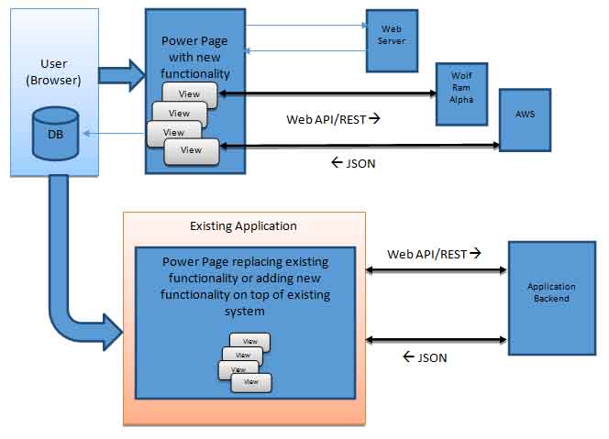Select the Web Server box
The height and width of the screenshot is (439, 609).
(x=393, y=40)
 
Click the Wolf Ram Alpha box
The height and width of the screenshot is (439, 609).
(x=461, y=93)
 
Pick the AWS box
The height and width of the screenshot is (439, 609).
(x=525, y=119)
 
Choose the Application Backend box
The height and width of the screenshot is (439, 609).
(x=549, y=292)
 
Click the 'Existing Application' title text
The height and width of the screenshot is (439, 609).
(x=243, y=225)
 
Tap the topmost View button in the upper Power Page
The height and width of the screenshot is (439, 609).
(x=190, y=93)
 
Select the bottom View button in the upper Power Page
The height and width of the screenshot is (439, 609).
(x=191, y=150)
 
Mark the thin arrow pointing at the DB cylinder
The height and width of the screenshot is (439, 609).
(x=110, y=134)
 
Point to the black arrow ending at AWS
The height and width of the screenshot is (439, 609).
(x=358, y=146)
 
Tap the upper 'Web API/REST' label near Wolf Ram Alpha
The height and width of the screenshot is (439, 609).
(x=333, y=118)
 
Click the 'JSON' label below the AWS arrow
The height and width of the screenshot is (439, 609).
(x=353, y=163)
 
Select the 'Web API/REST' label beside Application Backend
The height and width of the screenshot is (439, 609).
(x=434, y=254)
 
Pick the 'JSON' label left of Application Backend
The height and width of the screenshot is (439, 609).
(x=425, y=357)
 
